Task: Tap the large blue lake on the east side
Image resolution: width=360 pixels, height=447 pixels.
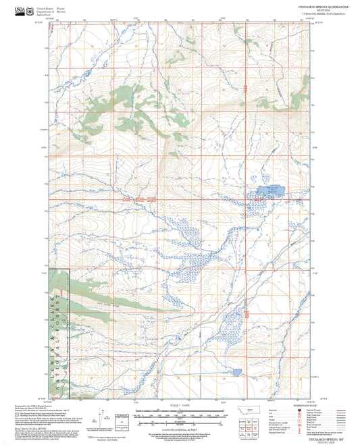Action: coord(269,191)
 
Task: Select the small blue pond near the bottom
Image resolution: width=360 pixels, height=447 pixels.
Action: coord(236,371)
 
